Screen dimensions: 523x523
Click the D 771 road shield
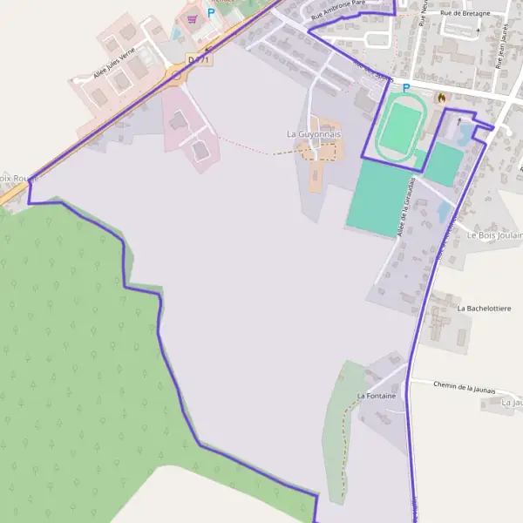[199, 59]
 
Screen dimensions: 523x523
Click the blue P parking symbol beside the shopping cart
[210, 14]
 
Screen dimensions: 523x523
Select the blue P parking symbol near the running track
[405, 88]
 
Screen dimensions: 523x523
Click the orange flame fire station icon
[441, 97]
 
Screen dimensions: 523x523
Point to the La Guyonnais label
[314, 133]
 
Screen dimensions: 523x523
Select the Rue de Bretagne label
[465, 13]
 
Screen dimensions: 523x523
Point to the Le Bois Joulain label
[494, 235]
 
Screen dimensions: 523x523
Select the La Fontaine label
[376, 396]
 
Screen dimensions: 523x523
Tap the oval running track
[400, 127]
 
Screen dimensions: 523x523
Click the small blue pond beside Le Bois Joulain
[445, 212]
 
